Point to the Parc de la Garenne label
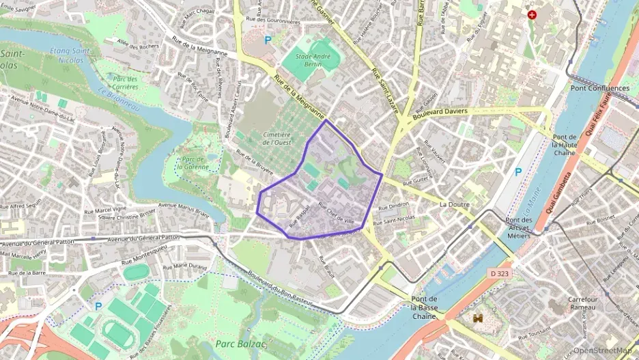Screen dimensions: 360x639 191,161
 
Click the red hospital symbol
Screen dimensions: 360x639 532,14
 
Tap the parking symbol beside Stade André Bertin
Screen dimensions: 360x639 268,40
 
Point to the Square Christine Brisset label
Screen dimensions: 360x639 128,217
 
